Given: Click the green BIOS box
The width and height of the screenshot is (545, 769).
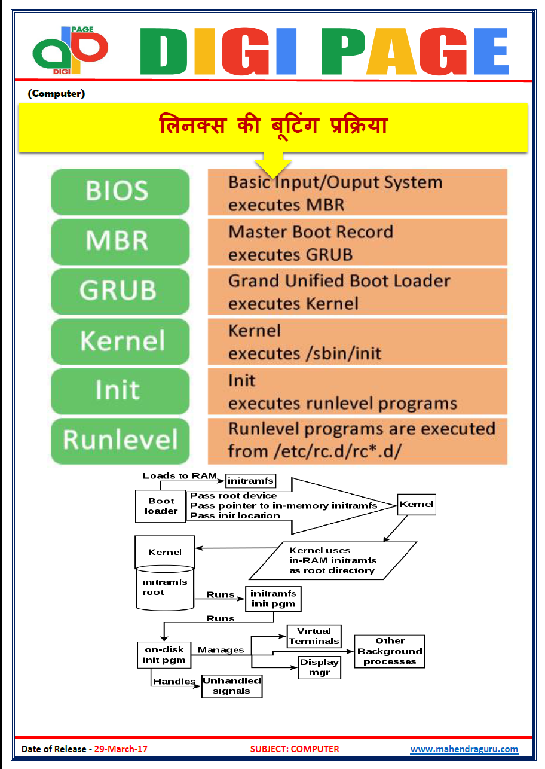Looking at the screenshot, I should coord(120,191).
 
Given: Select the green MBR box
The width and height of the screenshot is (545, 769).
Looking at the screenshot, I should coord(120,241).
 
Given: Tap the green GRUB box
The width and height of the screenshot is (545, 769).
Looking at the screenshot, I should coord(120,291).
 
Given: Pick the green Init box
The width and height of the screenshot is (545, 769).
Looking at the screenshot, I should coord(120,391).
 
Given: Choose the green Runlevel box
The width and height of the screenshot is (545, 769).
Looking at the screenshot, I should coord(120,441).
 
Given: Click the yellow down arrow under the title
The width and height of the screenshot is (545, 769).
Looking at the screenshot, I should coord(273,164).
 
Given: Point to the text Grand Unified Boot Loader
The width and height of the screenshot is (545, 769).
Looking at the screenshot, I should coord(339,281).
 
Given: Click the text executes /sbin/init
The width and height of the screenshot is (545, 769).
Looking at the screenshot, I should coord(304,353).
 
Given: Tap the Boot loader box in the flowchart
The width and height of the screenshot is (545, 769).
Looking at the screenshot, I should coord(161,506).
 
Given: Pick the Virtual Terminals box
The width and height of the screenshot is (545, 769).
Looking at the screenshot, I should coord(314,636).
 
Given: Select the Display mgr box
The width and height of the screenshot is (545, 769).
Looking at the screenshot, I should coord(319,667).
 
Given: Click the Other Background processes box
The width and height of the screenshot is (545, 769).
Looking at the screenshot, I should coord(390,651).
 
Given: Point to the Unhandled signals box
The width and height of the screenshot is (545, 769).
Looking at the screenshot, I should coord(232,686).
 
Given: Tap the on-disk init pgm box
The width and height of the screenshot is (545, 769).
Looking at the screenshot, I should coord(164,655).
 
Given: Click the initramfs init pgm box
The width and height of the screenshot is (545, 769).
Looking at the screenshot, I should coord(273,599).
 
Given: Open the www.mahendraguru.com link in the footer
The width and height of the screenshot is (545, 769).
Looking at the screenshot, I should coord(464,749).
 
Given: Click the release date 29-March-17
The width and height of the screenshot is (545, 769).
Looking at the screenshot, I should coord(121,749).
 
